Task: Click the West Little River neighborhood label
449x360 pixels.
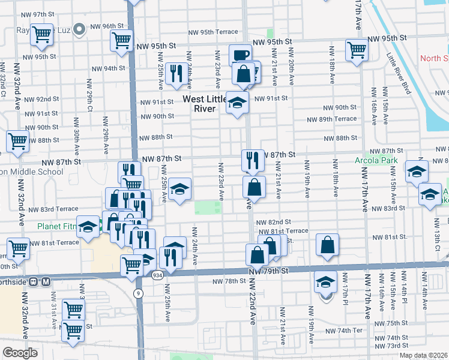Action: [205, 104]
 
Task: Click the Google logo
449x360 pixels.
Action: [20, 353]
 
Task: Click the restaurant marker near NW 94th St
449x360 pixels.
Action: [175, 73]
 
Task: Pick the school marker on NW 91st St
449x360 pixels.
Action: [237, 103]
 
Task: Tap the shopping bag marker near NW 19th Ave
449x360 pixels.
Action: [327, 245]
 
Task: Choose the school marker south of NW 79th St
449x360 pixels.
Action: [325, 283]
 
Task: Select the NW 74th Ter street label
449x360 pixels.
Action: [345, 331]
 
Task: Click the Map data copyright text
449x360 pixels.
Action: [424, 355]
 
